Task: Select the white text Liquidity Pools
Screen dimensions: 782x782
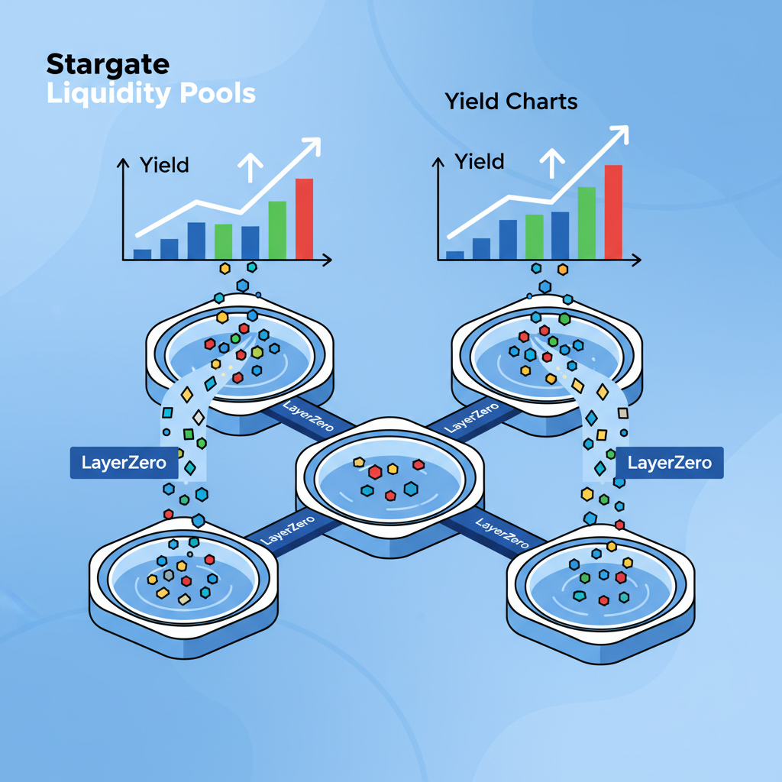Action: (x=150, y=93)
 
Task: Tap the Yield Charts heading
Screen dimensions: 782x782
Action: (x=511, y=102)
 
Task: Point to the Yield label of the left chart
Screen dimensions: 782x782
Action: (x=164, y=164)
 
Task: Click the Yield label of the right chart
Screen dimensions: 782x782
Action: (x=480, y=161)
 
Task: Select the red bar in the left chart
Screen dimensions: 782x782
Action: (x=304, y=219)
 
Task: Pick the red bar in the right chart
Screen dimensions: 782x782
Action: (x=613, y=212)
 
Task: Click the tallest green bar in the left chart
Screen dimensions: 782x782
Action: (x=277, y=230)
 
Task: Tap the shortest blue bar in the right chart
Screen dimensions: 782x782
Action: (x=455, y=255)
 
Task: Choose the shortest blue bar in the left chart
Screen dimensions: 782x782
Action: (x=143, y=254)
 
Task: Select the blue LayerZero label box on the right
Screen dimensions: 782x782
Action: (x=669, y=462)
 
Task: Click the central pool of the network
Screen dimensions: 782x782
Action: (x=389, y=481)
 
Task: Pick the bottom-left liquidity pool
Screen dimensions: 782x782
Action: (x=183, y=580)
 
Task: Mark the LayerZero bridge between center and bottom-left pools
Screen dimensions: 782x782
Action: (x=286, y=531)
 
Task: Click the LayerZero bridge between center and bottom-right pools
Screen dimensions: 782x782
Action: (x=500, y=533)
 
